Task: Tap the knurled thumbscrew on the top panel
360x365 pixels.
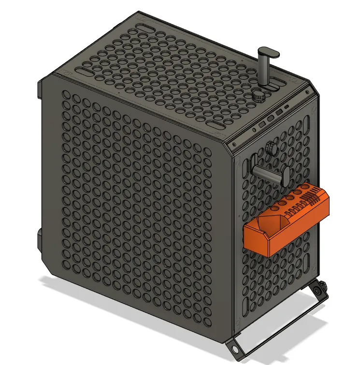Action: tap(260, 96)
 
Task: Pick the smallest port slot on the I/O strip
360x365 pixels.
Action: tap(287, 107)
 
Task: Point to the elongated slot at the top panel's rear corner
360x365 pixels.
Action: tap(145, 23)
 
